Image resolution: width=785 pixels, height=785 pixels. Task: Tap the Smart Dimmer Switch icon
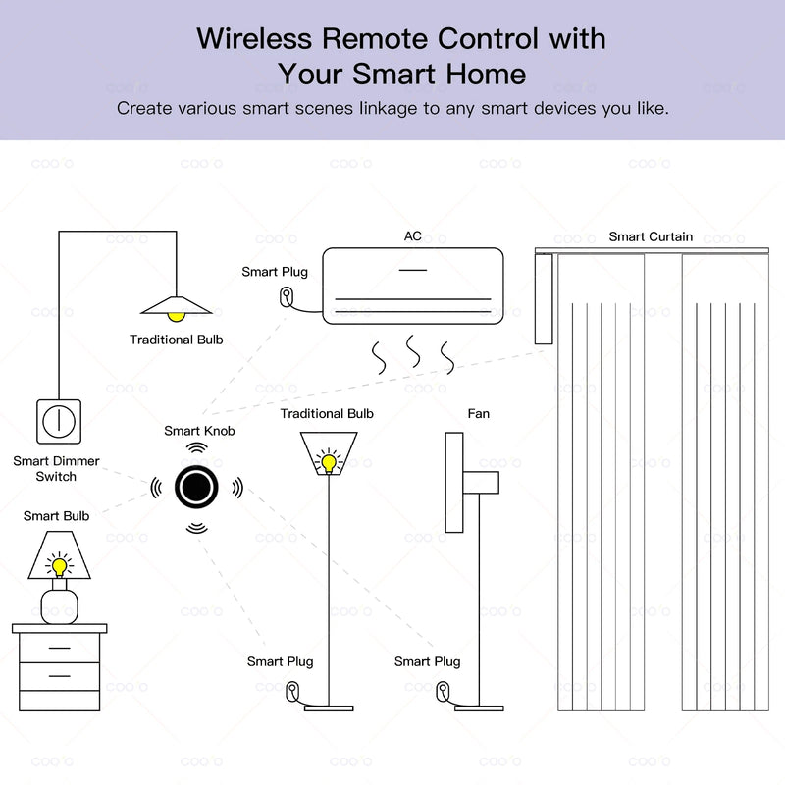point(58,420)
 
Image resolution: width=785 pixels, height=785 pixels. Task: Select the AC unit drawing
point(412,286)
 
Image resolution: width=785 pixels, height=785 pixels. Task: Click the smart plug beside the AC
point(287,297)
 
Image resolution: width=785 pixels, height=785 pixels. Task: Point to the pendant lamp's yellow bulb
point(176,315)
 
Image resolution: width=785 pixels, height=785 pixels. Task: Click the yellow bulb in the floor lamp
point(328,460)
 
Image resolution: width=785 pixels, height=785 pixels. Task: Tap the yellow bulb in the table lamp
point(59,566)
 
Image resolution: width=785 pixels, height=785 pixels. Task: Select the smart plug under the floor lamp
point(291,693)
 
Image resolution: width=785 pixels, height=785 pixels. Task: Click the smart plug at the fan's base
point(443,693)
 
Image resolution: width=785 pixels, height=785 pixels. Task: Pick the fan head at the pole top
point(455,483)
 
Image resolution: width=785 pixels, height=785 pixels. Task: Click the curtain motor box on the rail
point(543,298)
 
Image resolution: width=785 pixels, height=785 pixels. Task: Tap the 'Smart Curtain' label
point(651,236)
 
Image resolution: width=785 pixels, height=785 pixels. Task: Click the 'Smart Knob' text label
point(199,431)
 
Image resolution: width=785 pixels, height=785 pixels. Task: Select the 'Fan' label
point(478,413)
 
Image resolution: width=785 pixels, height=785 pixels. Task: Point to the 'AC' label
point(413,236)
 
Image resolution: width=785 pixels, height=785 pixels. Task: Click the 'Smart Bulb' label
point(56,515)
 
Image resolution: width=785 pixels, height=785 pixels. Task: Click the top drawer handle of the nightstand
point(59,648)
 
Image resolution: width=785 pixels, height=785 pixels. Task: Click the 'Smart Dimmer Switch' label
point(56,468)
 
